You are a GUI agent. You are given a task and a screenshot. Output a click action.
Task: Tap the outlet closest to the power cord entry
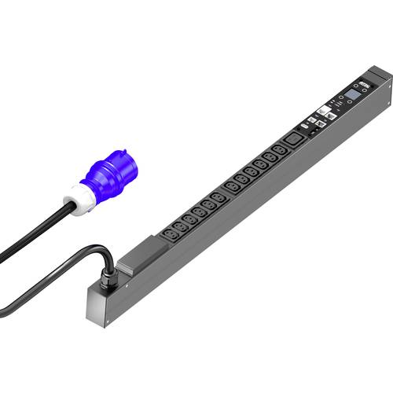tap(170, 233)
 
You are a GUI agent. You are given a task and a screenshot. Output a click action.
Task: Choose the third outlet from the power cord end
tap(189, 219)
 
